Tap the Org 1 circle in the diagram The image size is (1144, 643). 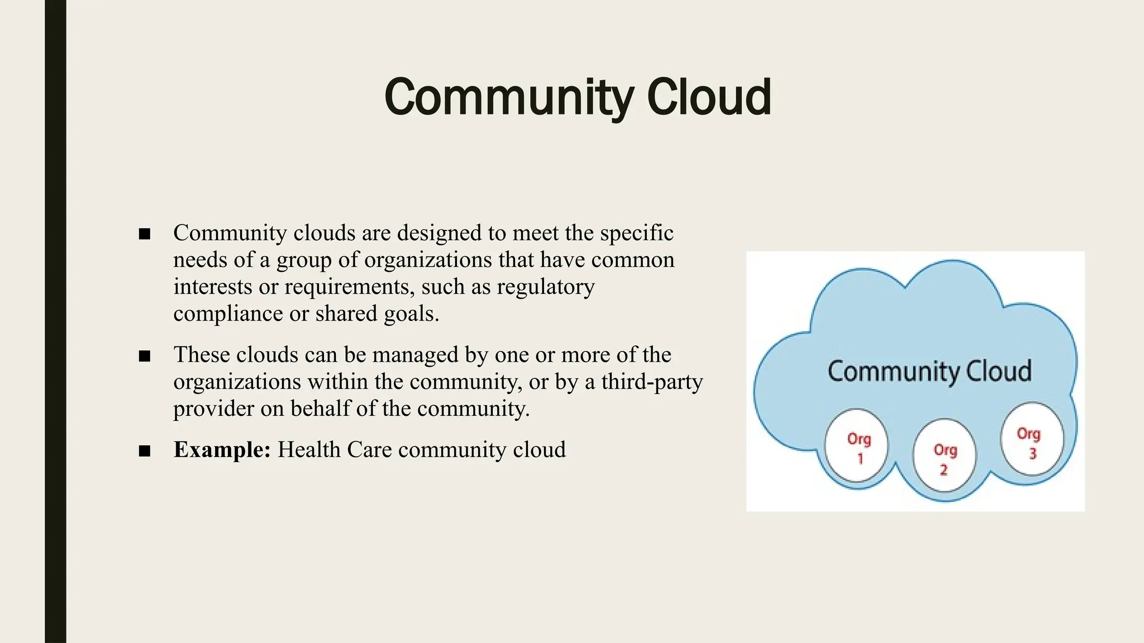click(x=856, y=447)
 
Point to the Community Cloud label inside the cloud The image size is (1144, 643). click(x=929, y=371)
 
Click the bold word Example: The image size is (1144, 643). click(x=222, y=449)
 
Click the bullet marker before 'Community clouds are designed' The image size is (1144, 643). click(x=145, y=234)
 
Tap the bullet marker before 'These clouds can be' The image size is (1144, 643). click(x=145, y=356)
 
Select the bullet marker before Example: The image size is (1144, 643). click(x=145, y=450)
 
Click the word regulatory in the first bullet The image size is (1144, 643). click(x=545, y=287)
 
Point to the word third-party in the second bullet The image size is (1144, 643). click(x=652, y=382)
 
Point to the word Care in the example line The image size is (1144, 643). click(x=369, y=449)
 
